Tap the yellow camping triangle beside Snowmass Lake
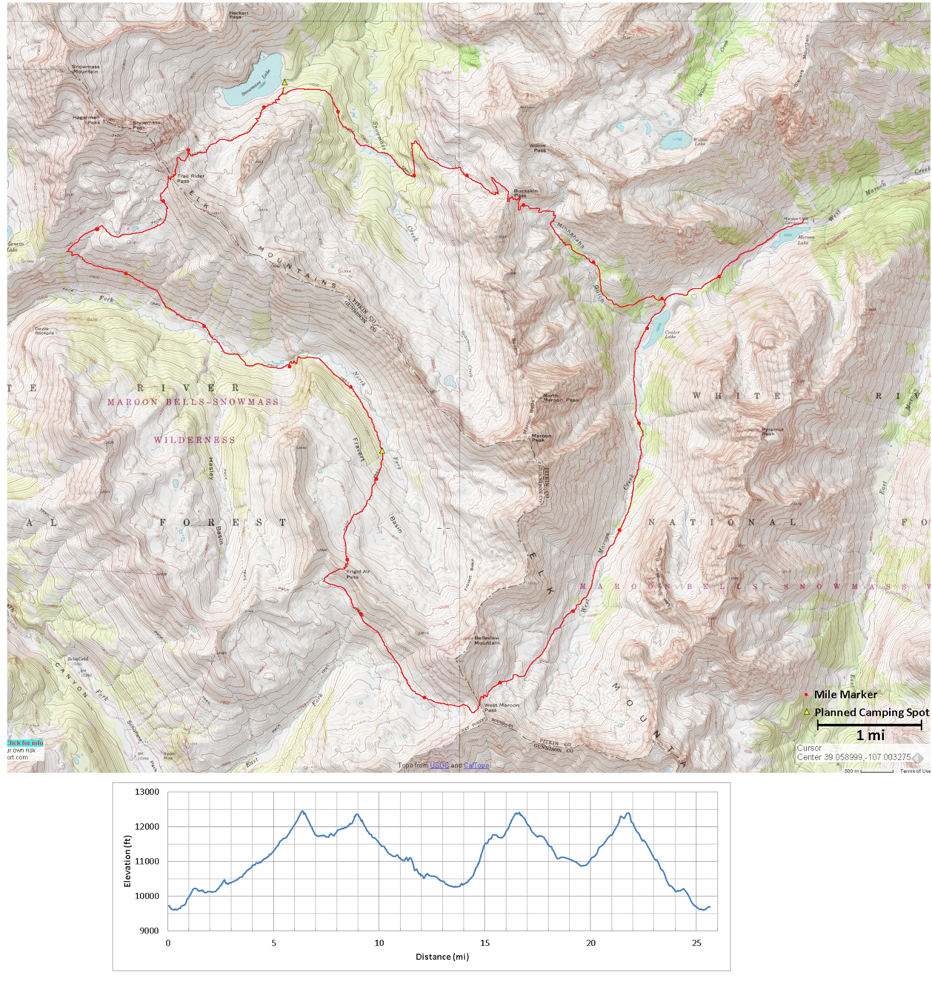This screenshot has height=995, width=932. [x=284, y=82]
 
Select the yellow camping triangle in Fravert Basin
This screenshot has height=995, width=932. [x=382, y=451]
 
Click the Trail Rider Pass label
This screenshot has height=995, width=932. [x=190, y=178]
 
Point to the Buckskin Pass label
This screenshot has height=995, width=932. [x=526, y=193]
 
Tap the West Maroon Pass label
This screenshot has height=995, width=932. [x=501, y=708]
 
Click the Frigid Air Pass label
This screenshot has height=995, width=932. [x=358, y=574]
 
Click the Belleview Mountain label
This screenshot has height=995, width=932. [x=487, y=640]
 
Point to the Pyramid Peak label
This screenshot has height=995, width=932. [x=772, y=431]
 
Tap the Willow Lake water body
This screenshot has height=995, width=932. [x=672, y=141]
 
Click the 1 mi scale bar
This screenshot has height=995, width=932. [x=869, y=725]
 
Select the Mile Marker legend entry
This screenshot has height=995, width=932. [x=845, y=694]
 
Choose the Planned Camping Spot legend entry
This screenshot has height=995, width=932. [x=871, y=712]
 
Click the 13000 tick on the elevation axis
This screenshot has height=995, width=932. [x=147, y=792]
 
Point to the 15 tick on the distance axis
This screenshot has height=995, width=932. [x=485, y=943]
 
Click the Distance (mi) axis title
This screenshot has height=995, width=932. [x=442, y=956]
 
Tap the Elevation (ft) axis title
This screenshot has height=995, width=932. [x=128, y=861]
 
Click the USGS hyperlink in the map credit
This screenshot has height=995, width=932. [x=439, y=766]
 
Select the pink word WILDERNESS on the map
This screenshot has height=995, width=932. [x=195, y=440]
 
